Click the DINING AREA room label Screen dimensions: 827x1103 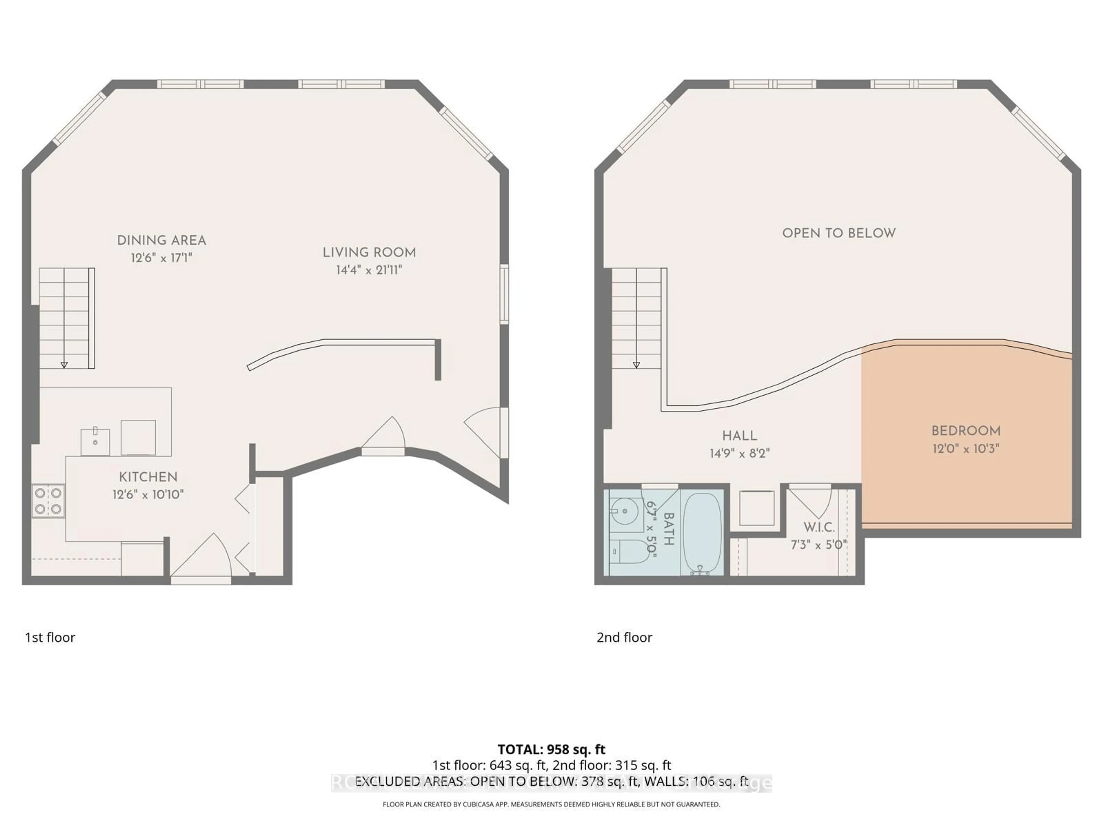pos(161,240)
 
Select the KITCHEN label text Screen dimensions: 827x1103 pos(148,477)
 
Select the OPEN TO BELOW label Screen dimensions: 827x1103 pos(839,233)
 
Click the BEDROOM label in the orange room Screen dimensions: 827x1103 pos(966,431)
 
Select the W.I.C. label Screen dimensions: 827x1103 pos(819,527)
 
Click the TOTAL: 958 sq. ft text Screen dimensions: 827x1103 pos(551,749)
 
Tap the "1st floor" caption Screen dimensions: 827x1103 pos(50,637)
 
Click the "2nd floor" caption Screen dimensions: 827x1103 pos(624,637)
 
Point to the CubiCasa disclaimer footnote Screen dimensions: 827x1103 pos(551,804)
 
